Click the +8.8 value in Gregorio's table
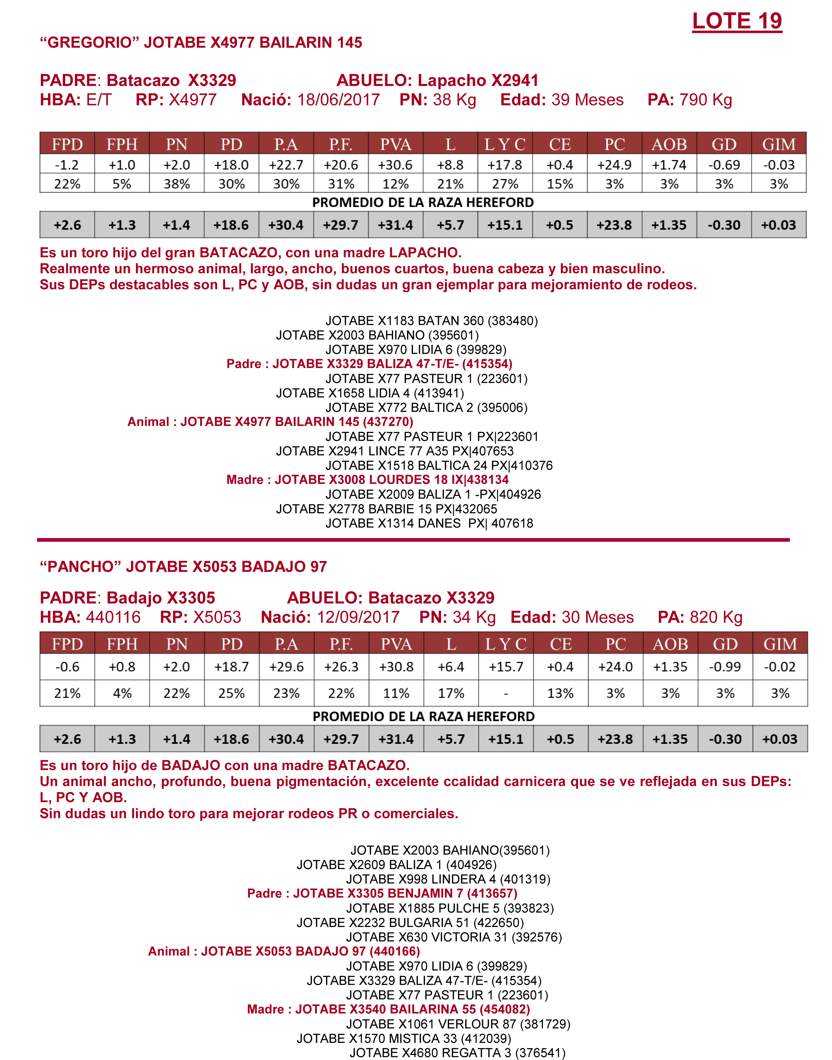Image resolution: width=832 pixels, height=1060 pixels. pos(450,165)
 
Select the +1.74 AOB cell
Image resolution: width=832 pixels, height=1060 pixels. pos(669,165)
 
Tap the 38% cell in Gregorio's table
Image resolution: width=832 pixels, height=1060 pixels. pos(176,184)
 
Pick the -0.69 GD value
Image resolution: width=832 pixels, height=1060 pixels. pos(724,165)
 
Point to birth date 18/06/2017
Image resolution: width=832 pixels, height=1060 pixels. pos(339,100)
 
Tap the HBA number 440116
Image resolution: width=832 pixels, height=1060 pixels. pos(113,617)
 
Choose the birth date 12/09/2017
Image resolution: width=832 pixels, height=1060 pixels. pos(358,617)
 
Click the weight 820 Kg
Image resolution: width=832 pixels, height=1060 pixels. pos(716,617)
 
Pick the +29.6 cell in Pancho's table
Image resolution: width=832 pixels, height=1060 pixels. pos(287,666)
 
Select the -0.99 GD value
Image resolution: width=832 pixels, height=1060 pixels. pos(725,666)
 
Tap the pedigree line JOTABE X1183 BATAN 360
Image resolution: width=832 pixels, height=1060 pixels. pos(431,321)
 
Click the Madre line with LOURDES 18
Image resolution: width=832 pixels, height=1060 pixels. pos(367,480)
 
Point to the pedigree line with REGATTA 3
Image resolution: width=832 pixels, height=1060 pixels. pos(457,1053)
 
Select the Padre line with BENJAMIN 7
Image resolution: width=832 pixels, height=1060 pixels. pos(382,893)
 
